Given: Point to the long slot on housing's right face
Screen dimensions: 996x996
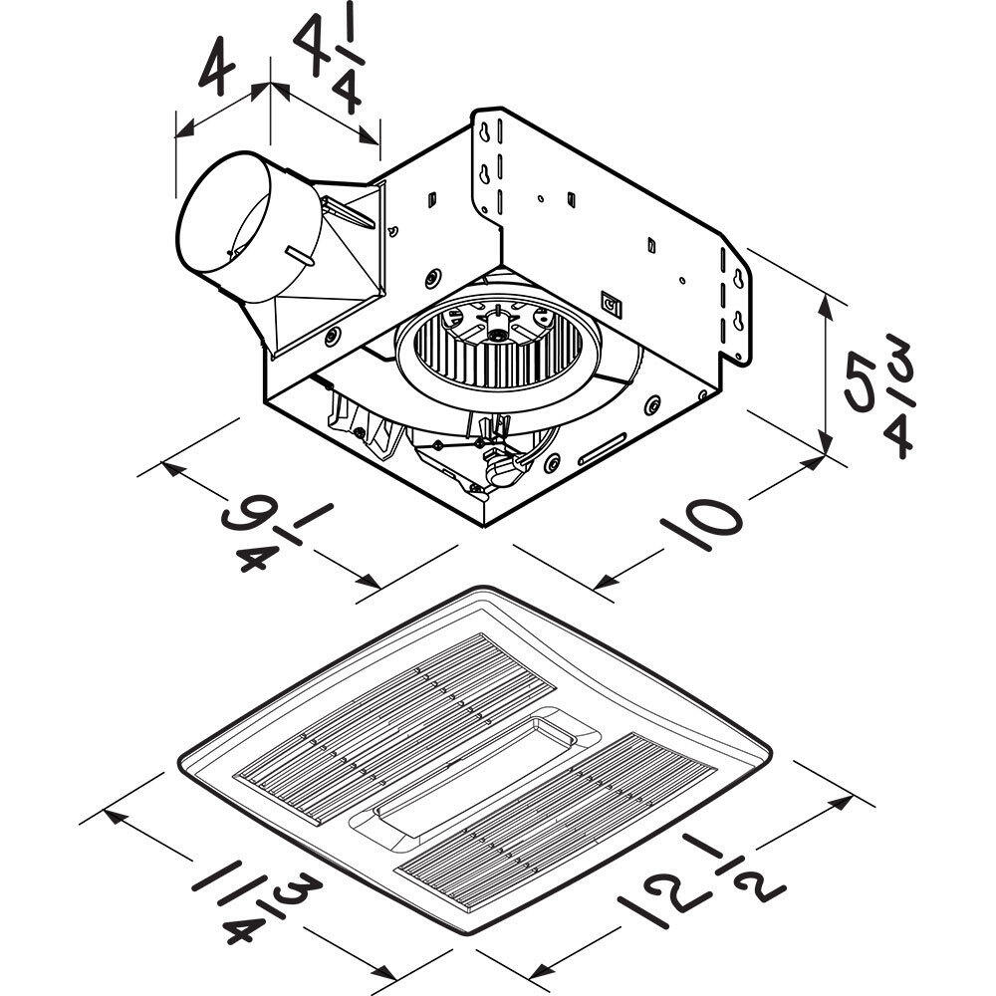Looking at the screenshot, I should click(x=603, y=448).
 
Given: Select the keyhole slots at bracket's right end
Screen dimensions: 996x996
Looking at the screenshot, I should click(x=738, y=299).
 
